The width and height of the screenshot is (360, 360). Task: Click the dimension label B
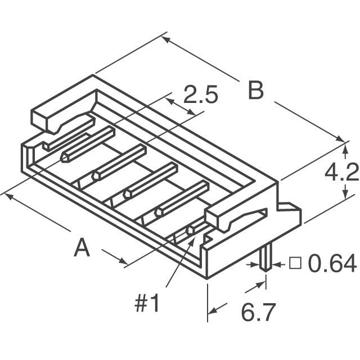(256, 91)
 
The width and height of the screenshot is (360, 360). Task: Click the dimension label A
(82, 247)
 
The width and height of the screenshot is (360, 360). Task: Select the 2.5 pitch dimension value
(200, 94)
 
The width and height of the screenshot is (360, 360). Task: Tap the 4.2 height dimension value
(341, 172)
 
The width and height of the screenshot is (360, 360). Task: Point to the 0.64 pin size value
(332, 264)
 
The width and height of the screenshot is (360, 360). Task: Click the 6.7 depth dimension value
(258, 313)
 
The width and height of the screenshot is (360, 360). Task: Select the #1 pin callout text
(147, 304)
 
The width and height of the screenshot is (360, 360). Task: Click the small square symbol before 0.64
(295, 263)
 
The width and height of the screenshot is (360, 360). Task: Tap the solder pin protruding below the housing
(266, 258)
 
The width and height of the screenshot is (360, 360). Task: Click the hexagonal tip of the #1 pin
(191, 230)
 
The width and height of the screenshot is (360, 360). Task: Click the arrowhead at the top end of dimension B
(166, 39)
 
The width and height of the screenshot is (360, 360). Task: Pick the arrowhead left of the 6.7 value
(213, 310)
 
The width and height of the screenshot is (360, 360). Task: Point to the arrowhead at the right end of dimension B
(340, 139)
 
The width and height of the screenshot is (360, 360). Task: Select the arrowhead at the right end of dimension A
(123, 261)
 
